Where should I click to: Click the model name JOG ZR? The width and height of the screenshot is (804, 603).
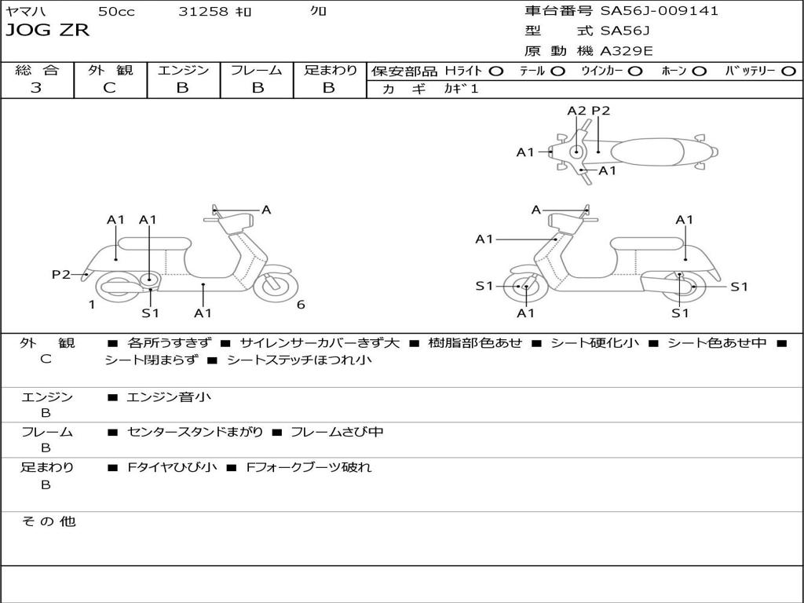[x=48, y=31]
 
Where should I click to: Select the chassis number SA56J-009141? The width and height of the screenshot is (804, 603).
[x=659, y=11]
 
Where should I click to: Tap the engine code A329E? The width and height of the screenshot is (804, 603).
[x=626, y=51]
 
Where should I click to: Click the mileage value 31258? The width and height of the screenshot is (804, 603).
[x=203, y=11]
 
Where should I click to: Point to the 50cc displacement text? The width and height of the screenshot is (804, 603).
[x=116, y=11]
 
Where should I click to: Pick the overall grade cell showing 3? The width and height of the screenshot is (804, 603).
[x=36, y=88]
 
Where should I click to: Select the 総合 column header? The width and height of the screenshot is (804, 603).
[x=37, y=70]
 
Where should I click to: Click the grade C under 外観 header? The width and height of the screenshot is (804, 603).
[x=109, y=88]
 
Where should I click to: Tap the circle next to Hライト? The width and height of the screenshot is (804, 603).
[x=495, y=71]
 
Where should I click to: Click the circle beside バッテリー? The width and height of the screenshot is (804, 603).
[x=788, y=71]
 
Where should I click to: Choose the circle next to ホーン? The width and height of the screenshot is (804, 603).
[x=699, y=71]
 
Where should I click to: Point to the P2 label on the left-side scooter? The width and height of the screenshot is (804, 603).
[x=60, y=274]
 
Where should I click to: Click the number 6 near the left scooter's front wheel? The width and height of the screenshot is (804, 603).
[x=301, y=305]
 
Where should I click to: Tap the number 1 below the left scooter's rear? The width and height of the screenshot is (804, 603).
[x=92, y=305]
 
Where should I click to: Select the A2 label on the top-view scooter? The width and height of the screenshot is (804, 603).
[x=576, y=111]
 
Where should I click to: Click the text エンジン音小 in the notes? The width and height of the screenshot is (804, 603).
[x=169, y=397]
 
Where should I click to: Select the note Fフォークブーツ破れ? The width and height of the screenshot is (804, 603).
[x=309, y=467]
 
